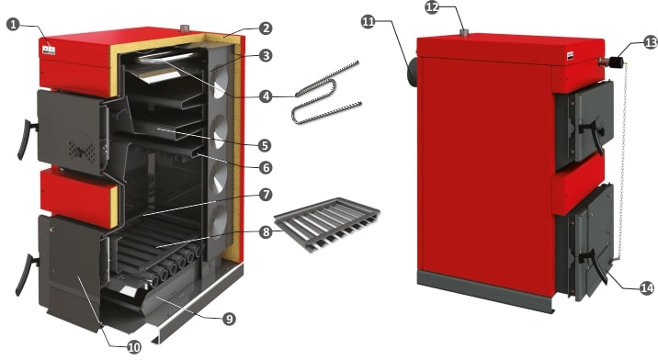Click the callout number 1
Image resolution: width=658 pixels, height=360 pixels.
[x=14, y=24]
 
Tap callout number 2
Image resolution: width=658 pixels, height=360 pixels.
[x=266, y=28]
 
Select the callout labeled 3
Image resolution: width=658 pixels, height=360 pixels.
[x=266, y=55]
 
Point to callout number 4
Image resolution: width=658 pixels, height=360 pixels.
[x=266, y=96]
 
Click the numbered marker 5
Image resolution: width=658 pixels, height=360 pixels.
[x=266, y=146]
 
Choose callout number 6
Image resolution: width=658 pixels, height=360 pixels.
[x=266, y=168]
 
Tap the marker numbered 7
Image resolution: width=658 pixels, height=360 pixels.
[x=266, y=195]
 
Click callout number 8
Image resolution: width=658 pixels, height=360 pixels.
[x=266, y=231]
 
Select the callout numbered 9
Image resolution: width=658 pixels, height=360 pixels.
[x=229, y=319]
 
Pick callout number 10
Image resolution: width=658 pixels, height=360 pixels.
[x=133, y=347]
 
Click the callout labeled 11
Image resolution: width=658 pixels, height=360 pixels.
[x=368, y=22]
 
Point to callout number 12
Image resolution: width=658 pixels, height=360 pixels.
[x=432, y=7]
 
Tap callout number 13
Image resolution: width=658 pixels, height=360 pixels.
[x=651, y=42]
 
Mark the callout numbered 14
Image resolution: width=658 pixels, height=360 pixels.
[x=647, y=287]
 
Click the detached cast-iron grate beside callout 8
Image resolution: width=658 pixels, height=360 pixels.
[x=326, y=224]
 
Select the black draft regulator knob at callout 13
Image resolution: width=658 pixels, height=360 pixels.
[x=617, y=62]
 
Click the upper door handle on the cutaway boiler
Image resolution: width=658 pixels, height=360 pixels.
[x=26, y=140]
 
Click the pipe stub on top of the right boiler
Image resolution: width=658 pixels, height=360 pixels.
[x=464, y=32]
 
